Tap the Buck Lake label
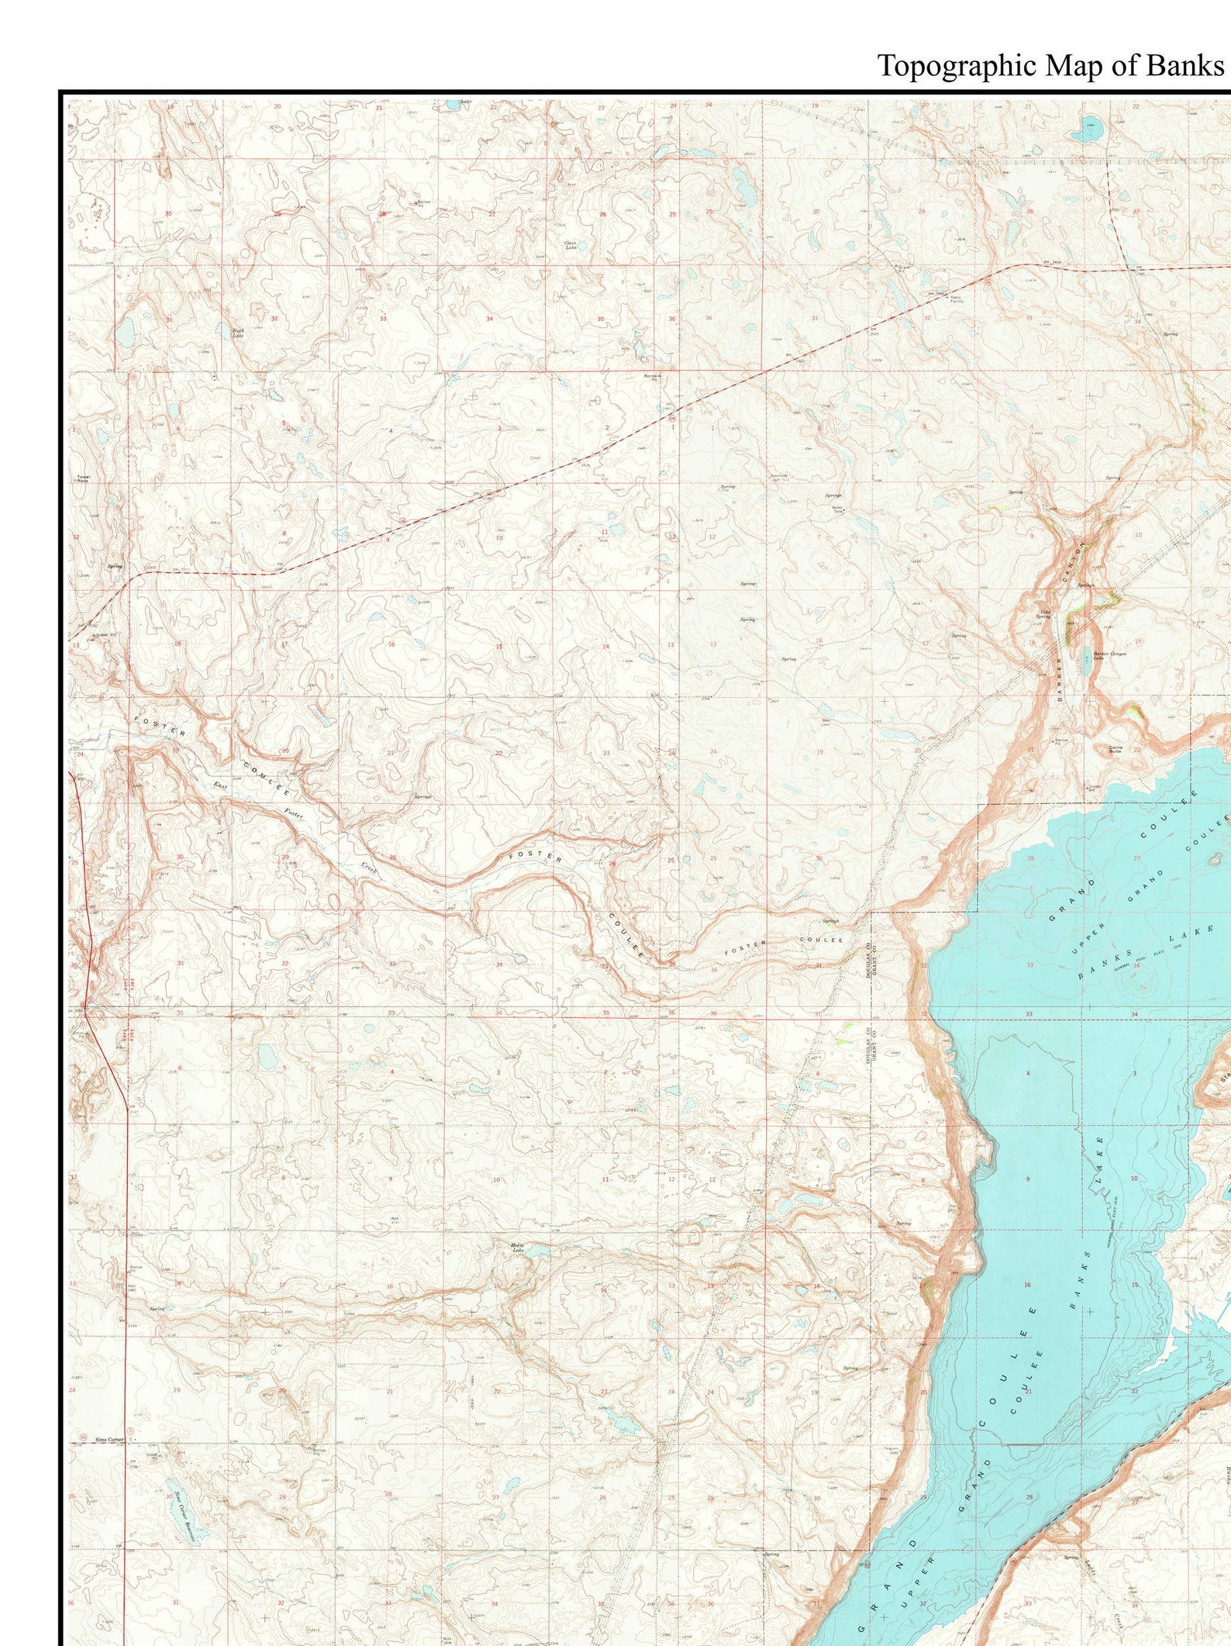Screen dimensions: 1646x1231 [x=238, y=333]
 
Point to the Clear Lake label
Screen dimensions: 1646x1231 [x=570, y=246]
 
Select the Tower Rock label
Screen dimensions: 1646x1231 [x=83, y=478]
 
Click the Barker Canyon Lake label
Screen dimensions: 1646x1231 [x=1109, y=654]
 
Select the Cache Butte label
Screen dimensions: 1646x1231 [x=1115, y=749]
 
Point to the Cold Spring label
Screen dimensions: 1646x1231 [x=1044, y=614]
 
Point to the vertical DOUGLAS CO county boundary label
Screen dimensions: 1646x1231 [x=869, y=960]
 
